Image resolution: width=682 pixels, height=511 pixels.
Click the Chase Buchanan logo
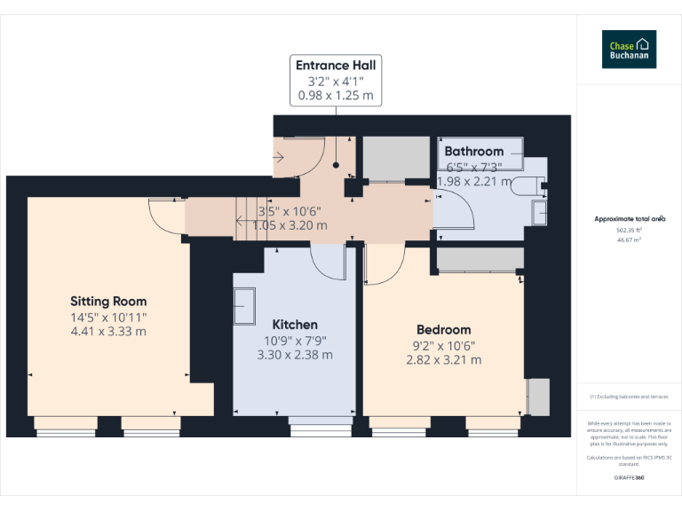click(x=630, y=49)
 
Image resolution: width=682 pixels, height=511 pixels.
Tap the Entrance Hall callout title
click(x=336, y=65)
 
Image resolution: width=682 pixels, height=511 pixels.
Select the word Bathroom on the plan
click(x=474, y=151)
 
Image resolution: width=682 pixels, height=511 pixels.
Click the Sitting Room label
click(x=108, y=302)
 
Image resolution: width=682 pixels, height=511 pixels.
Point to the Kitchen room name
click(x=295, y=325)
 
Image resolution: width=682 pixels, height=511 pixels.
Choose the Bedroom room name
click(x=443, y=330)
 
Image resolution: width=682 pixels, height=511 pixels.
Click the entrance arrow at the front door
click(x=279, y=158)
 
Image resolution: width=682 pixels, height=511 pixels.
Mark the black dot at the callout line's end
click(x=337, y=164)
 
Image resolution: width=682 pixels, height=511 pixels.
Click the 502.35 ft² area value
click(x=630, y=230)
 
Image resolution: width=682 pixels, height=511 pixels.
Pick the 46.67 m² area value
click(x=630, y=240)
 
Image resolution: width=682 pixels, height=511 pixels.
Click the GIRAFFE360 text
click(x=630, y=478)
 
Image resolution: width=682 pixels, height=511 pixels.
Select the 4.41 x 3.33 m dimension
click(x=108, y=332)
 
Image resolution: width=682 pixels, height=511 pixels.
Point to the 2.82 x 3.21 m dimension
click(x=443, y=360)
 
